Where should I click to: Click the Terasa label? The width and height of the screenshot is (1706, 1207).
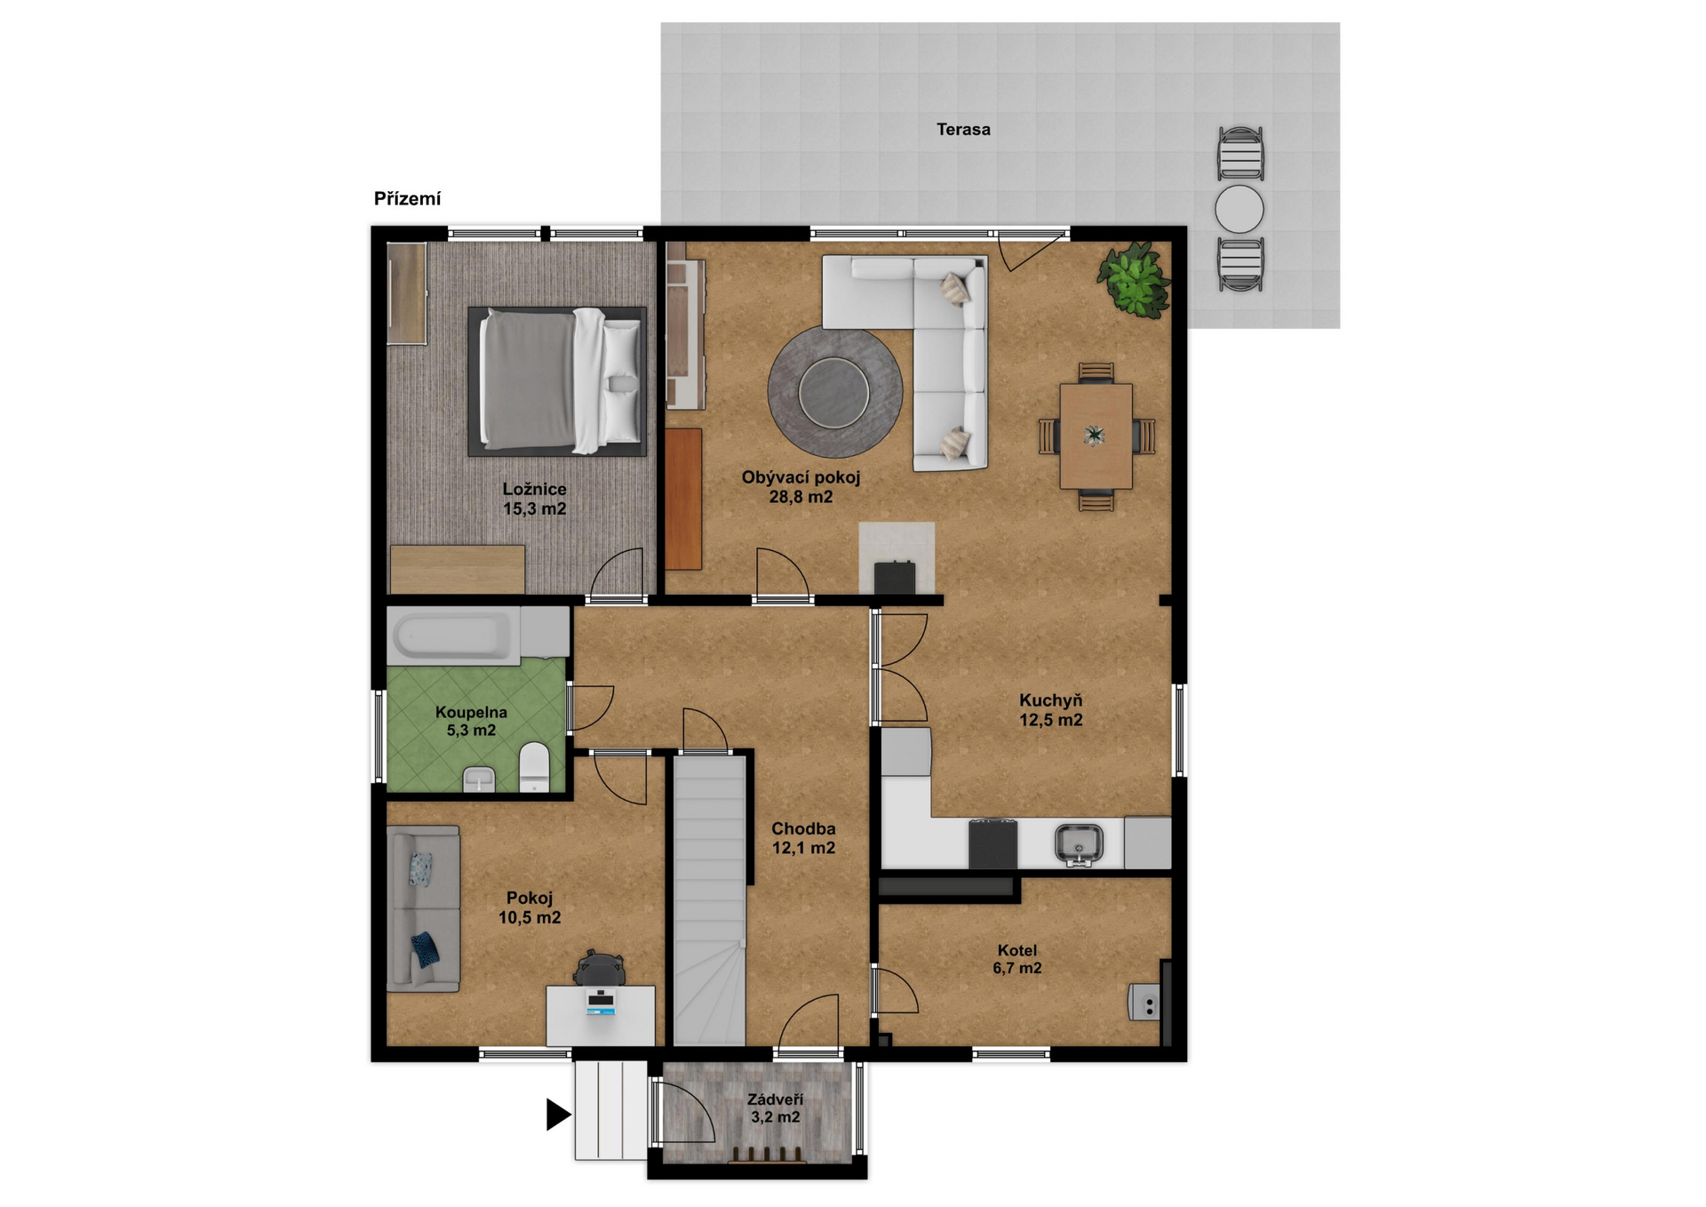963,130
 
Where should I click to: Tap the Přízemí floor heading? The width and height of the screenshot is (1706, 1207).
407,199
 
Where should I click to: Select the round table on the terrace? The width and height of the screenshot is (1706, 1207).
1240,210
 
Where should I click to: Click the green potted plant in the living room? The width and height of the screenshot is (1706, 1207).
1133,279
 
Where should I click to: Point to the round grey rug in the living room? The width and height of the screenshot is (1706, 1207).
835,391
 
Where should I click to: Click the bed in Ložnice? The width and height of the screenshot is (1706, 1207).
557,380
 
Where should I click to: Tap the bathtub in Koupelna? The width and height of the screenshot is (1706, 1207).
454,635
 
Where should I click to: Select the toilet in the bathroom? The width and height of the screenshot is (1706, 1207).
534,766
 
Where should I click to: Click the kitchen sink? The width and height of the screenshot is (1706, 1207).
1079,843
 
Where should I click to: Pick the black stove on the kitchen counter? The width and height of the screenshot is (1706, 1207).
993,843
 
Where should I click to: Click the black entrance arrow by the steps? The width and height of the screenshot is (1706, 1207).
558,1115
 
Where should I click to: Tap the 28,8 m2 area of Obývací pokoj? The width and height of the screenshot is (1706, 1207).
801,498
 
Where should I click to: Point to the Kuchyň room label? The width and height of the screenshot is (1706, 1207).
1050,700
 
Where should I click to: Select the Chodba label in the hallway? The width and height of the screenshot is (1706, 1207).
803,828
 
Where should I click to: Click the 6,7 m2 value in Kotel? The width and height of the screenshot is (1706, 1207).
1017,969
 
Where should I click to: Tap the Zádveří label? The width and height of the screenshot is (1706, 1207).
775,1099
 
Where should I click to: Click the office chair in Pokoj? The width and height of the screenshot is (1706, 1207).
599,968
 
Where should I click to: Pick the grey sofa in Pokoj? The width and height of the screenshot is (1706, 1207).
423,908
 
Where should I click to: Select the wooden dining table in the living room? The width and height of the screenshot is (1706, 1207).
1096,436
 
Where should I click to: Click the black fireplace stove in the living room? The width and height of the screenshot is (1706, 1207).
895,578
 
